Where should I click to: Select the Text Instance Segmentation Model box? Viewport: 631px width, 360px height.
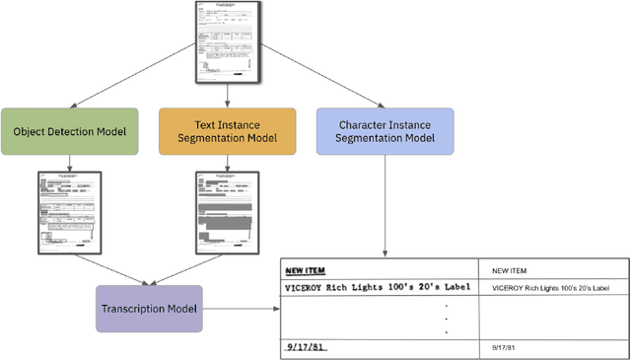[x=227, y=131]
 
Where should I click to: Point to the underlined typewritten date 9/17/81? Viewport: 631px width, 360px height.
[x=306, y=347]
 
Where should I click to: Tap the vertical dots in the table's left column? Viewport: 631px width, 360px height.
[x=446, y=318]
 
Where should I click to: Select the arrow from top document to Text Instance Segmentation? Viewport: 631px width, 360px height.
[x=228, y=94]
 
